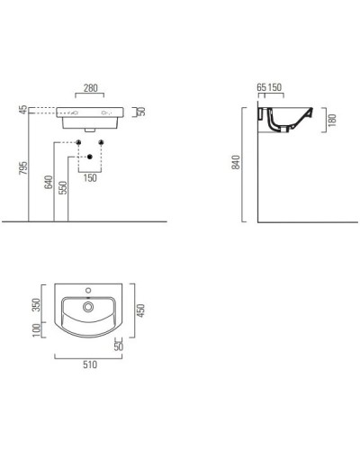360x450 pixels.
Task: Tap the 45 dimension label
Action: pyautogui.click(x=22, y=110)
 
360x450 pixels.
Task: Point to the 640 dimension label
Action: pyautogui.click(x=48, y=187)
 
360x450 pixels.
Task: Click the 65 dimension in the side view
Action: pyautogui.click(x=261, y=88)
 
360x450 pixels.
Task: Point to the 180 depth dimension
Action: pyautogui.click(x=332, y=121)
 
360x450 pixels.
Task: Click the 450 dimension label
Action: pyautogui.click(x=139, y=309)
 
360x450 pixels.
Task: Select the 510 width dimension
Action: pyautogui.click(x=90, y=364)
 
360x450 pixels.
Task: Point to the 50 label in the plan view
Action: pyautogui.click(x=120, y=345)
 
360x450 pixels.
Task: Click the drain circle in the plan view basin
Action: pyautogui.click(x=89, y=308)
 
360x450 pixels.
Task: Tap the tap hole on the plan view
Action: pyautogui.click(x=89, y=292)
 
